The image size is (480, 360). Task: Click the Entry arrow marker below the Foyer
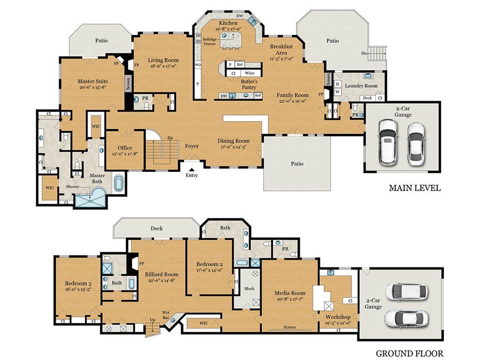(191, 169)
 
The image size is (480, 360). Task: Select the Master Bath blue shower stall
(91, 198)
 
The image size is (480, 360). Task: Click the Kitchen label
(228, 23)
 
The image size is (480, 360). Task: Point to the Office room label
(125, 148)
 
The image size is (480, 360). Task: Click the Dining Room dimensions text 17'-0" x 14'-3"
(234, 147)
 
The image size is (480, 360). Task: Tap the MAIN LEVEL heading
(415, 188)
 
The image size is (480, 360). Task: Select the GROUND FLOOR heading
(409, 353)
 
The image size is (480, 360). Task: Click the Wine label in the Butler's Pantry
(250, 73)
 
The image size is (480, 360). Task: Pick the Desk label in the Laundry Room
(368, 98)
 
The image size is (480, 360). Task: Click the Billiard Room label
(162, 274)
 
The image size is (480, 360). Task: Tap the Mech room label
(249, 288)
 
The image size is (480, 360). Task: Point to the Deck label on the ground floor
(157, 229)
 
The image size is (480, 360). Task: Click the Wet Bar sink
(173, 320)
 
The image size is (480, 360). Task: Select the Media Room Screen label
(289, 327)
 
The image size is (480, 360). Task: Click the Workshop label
(338, 317)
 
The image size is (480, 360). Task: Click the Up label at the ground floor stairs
(152, 320)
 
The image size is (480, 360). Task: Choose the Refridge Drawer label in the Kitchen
(210, 42)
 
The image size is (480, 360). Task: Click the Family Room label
(293, 95)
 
